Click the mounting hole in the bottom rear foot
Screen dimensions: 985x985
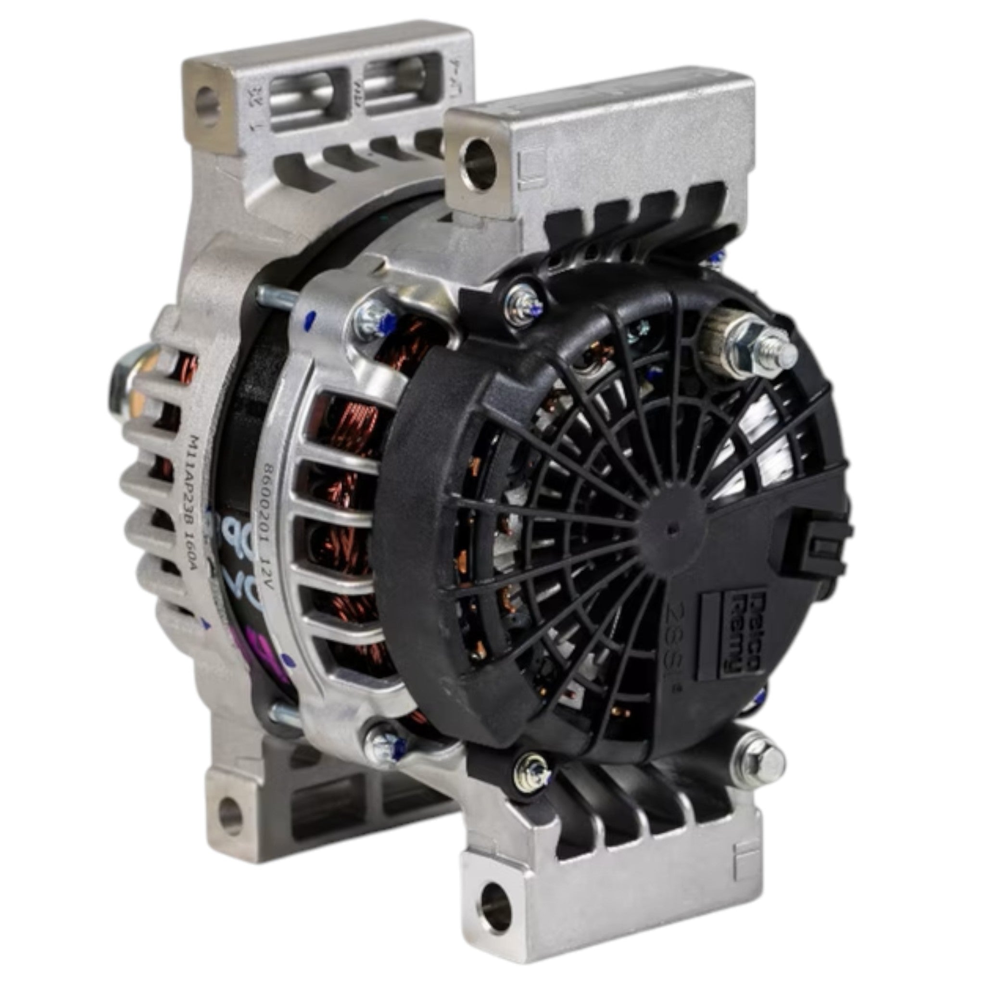point(230,815)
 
